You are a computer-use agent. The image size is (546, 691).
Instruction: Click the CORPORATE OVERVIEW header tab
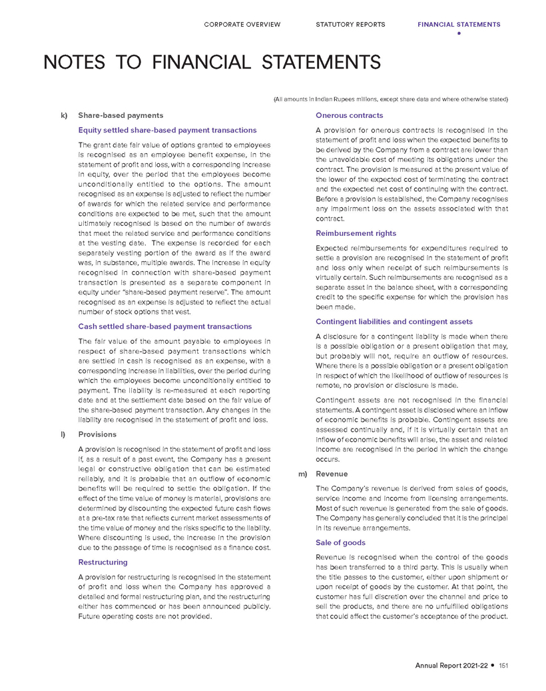(x=242, y=25)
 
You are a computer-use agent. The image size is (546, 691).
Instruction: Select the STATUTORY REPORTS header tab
(x=350, y=25)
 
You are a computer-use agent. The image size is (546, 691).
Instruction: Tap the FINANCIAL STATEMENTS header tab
(x=459, y=25)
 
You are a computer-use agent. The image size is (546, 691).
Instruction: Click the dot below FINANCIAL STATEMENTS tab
(x=459, y=33)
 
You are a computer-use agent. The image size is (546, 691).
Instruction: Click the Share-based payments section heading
(x=121, y=116)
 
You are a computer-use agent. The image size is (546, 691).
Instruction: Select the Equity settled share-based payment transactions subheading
(x=167, y=130)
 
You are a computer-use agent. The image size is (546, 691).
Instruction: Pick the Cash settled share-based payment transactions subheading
(x=165, y=327)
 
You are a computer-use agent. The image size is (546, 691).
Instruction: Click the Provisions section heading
(x=97, y=434)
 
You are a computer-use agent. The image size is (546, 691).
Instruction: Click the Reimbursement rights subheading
(x=356, y=233)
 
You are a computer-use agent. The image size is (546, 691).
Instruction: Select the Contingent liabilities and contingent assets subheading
(x=394, y=322)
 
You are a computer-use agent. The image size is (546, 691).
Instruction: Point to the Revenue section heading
(x=332, y=474)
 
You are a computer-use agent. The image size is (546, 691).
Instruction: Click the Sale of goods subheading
(x=340, y=542)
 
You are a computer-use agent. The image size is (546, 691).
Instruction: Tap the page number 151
(x=503, y=665)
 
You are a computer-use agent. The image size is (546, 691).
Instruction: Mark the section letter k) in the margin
(x=65, y=116)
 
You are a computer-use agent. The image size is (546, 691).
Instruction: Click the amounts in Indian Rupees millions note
(x=391, y=99)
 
